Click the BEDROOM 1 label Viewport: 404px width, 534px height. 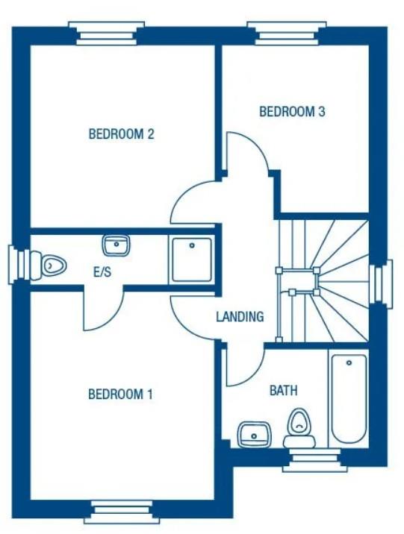click(120, 394)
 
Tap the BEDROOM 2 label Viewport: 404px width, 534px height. click(121, 134)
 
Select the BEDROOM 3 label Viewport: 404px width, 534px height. click(292, 112)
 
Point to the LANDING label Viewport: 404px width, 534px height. click(240, 316)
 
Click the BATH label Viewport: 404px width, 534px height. click(284, 390)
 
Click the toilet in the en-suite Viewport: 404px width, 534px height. click(52, 265)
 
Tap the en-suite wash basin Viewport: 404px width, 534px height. click(116, 244)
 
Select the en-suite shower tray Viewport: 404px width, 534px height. click(192, 259)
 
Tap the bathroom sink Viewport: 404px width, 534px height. click(254, 433)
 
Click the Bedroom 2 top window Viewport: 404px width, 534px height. click(105, 32)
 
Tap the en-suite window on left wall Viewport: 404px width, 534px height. click(19, 265)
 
